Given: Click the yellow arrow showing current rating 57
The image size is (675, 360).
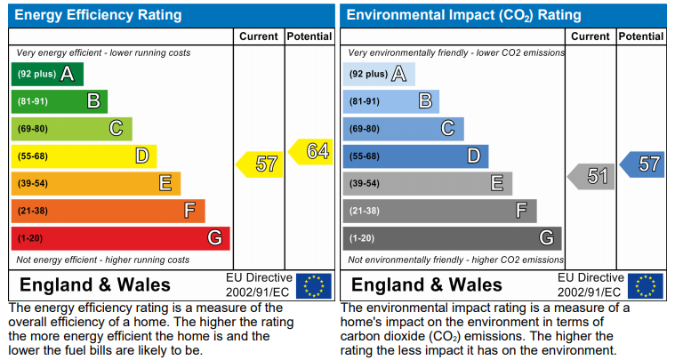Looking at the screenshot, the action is tap(259, 164).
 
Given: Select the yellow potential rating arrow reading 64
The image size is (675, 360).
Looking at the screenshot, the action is tap(310, 151).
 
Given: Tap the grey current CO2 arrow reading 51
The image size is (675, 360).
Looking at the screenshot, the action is tap(591, 176).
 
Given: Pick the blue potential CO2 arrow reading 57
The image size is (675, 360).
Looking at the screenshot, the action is tap(642, 164).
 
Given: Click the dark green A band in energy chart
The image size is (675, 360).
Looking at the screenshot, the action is tap(47, 74).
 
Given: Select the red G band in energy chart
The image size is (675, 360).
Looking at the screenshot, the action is tap(121, 238).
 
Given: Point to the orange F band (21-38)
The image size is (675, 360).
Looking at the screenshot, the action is tap(108, 211).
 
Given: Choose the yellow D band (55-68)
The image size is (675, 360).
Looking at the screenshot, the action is tap(84, 156).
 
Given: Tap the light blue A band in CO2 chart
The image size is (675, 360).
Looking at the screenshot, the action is tap(379, 74).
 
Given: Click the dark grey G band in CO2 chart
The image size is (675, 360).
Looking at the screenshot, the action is tap(453, 238).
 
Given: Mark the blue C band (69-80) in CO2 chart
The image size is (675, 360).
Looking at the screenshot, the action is tap(404, 129).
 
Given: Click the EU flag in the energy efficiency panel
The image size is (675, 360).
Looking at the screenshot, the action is tap(314, 286).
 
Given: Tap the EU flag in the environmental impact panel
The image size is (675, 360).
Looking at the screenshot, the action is tap(646, 286).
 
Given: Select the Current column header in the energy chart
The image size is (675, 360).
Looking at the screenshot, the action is tap(259, 36).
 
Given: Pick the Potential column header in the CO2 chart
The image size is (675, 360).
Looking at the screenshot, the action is tap(641, 36).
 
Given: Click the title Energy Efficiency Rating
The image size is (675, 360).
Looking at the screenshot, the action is tap(98, 15).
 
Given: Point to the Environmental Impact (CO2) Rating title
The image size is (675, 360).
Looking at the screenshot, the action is tap(463, 15).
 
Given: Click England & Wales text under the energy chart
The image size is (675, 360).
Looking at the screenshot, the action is tap(95, 285).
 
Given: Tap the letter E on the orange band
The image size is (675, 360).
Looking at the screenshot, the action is tap(165, 183).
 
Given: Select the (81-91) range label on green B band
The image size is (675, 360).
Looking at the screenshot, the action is tap(33, 101).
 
